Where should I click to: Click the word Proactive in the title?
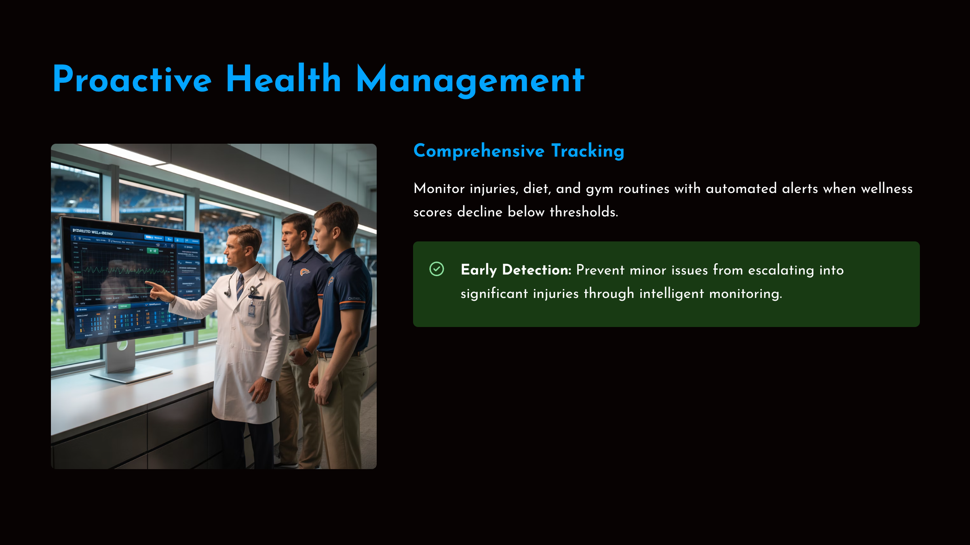pyautogui.click(x=132, y=80)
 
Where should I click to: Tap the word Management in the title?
pyautogui.click(x=470, y=80)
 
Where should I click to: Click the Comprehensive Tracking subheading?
pyautogui.click(x=519, y=151)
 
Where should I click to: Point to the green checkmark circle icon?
pyautogui.click(x=436, y=269)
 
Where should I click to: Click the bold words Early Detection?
pyautogui.click(x=516, y=270)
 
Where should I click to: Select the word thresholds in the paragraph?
pyautogui.click(x=583, y=212)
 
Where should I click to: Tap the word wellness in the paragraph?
pyautogui.click(x=886, y=189)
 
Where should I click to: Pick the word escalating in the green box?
pyautogui.click(x=781, y=270)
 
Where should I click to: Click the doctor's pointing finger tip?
pyautogui.click(x=147, y=283)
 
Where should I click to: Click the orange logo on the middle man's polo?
pyautogui.click(x=305, y=272)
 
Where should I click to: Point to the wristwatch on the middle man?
pyautogui.click(x=307, y=352)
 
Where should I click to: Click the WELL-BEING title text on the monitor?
pyautogui.click(x=101, y=233)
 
